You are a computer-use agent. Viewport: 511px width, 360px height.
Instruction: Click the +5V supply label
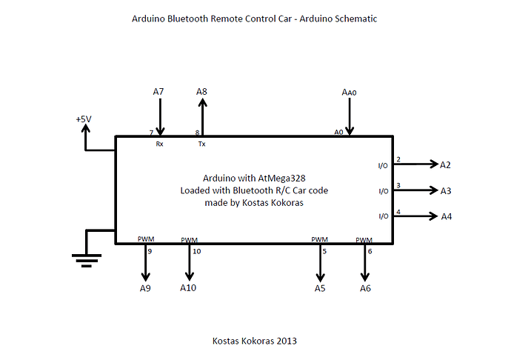pos(84,119)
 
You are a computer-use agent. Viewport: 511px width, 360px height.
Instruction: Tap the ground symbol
pos(87,258)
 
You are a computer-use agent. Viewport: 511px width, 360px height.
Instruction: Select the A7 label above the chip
pos(158,92)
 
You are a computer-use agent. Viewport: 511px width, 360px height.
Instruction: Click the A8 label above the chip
pos(202,92)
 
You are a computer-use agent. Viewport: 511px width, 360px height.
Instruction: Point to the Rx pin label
pos(160,144)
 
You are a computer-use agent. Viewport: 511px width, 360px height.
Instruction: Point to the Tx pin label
pos(202,144)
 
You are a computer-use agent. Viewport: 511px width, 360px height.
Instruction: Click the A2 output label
pos(446,164)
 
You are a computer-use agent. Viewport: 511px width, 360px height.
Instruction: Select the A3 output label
pos(446,191)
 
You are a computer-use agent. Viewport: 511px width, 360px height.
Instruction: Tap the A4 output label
pos(447,217)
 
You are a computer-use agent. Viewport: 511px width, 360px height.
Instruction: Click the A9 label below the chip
pos(145,288)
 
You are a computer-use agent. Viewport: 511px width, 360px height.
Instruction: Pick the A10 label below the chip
pos(188,287)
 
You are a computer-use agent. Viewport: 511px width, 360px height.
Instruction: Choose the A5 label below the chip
pos(320,288)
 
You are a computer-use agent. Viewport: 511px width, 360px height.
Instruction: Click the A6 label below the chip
pos(365,288)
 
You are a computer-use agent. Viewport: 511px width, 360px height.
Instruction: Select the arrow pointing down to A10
pos(189,263)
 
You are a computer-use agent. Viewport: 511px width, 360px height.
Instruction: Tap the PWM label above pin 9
pos(146,239)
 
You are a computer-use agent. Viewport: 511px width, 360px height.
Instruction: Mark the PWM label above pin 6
pos(364,239)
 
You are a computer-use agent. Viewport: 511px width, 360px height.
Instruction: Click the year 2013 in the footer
pos(287,341)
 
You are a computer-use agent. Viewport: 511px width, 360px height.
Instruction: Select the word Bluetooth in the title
pos(196,19)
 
